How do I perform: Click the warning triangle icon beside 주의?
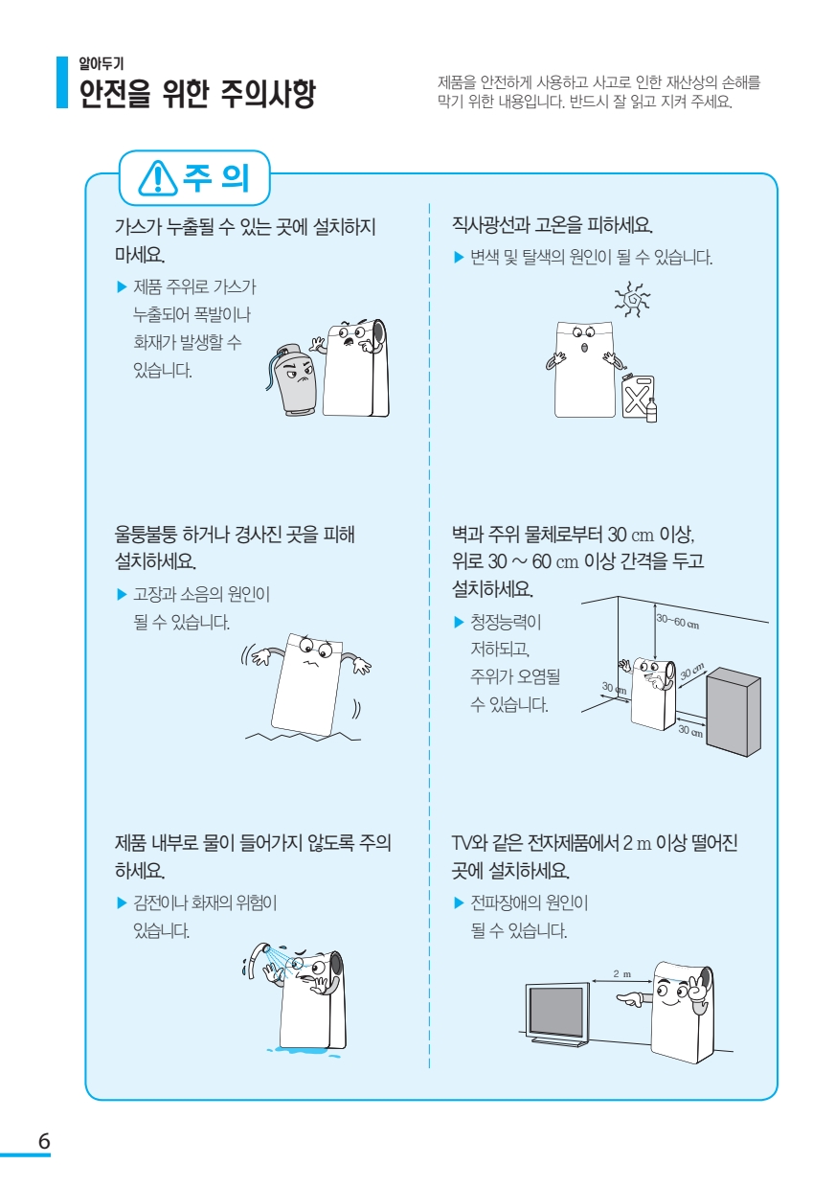click(x=157, y=178)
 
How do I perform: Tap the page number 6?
click(x=44, y=1141)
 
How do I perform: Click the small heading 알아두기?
click(x=102, y=64)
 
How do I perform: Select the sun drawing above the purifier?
click(x=632, y=300)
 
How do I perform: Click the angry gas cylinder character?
click(x=292, y=379)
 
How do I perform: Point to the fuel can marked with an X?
click(x=638, y=397)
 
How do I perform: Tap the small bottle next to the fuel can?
click(x=652, y=411)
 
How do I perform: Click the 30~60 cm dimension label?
click(x=678, y=621)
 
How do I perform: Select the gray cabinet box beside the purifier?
click(x=733, y=711)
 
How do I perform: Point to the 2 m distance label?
click(x=622, y=974)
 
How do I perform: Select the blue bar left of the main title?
click(x=62, y=82)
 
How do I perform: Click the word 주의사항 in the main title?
click(x=268, y=93)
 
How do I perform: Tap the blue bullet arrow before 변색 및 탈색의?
click(x=459, y=258)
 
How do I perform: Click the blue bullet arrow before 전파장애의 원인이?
click(x=459, y=902)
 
